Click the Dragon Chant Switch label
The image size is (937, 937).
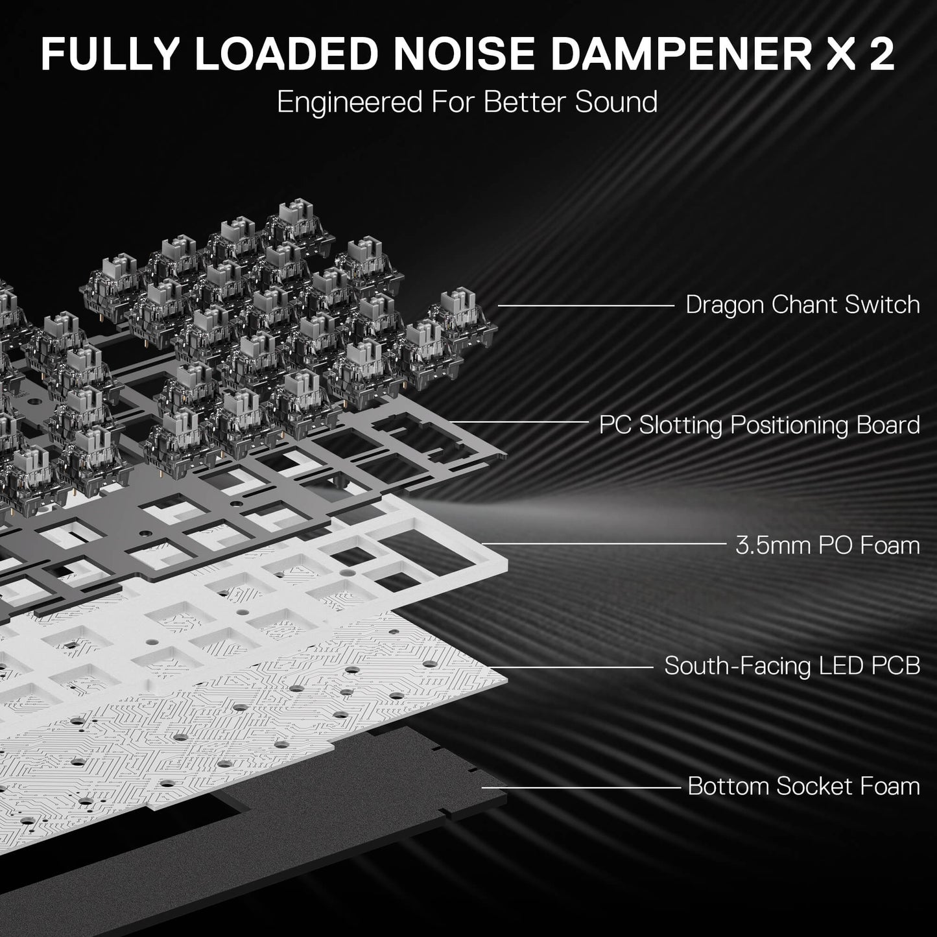pos(803,305)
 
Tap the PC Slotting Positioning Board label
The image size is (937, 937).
pos(759,425)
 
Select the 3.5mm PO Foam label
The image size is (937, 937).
pos(827,545)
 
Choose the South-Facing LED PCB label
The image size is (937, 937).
pos(792,666)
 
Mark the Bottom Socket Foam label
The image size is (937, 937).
pos(803,787)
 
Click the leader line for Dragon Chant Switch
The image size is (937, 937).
pos(586,305)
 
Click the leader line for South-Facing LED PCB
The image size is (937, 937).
pos(571,667)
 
